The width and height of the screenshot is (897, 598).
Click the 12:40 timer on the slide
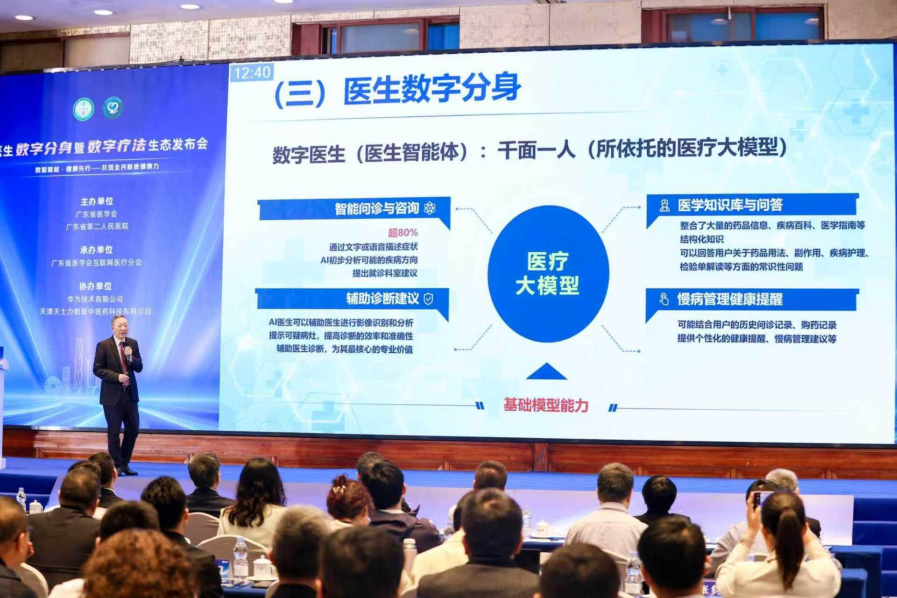252,73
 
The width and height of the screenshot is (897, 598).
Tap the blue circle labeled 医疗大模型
548,273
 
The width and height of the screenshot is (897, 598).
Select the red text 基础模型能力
545,405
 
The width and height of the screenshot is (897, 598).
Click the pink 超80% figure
403,233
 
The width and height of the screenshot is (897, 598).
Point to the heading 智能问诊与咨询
376,208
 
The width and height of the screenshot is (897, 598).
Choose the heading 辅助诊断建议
382,299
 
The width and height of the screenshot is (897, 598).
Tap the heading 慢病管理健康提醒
729,299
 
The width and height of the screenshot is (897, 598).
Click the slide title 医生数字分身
432,89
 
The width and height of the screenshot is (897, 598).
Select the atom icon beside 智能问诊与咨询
430,208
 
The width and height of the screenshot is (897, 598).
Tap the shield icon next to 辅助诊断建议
428,299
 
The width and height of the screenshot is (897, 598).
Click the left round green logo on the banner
84,109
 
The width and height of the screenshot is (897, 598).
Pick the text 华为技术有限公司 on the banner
95,299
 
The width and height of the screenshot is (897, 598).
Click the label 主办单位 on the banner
97,201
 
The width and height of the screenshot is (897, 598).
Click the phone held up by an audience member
756,499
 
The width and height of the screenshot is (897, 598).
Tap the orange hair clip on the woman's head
339,489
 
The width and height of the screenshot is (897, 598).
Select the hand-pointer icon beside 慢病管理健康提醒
664,299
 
